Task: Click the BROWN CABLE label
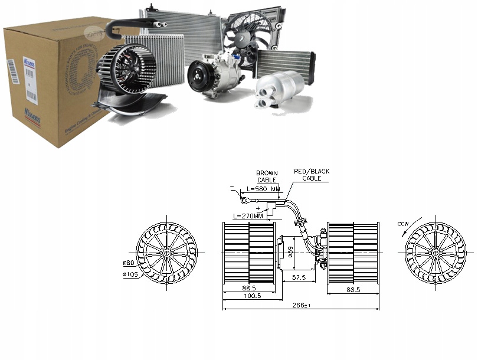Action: pos(267,176)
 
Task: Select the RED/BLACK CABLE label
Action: pos(312,174)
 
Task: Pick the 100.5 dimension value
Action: pos(252,296)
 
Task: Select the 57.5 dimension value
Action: pos(298,277)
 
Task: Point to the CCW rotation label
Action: pos(403,224)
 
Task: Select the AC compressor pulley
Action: pos(198,77)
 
